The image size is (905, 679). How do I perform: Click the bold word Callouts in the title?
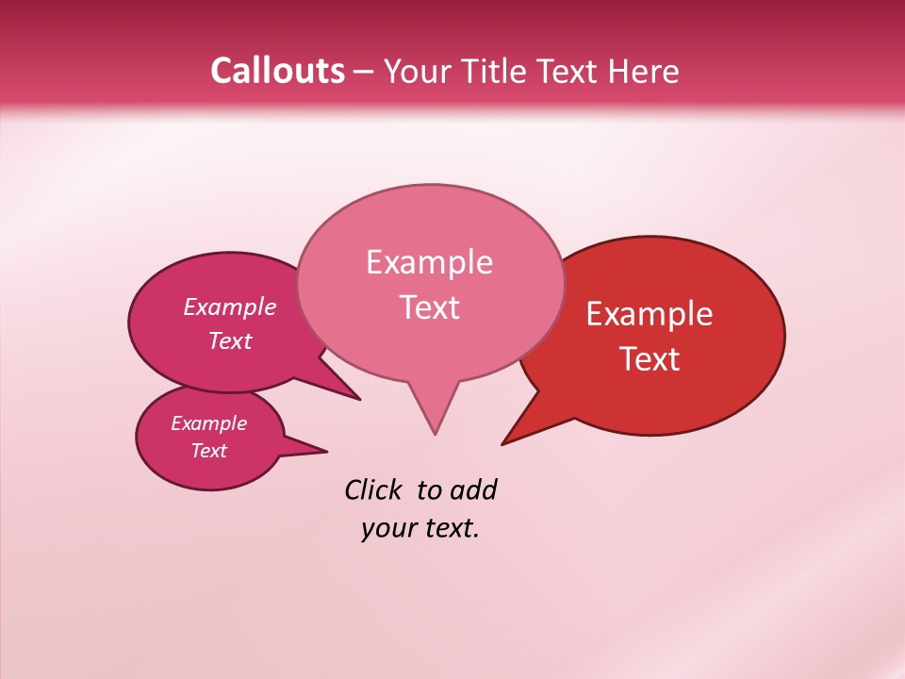[x=277, y=71]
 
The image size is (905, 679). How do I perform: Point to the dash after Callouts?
[x=365, y=72]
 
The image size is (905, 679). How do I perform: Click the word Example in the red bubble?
[x=650, y=314]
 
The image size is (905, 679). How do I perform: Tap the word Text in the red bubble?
[x=650, y=359]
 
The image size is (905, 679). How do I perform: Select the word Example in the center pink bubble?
[x=429, y=262]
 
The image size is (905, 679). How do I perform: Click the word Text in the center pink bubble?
[x=430, y=307]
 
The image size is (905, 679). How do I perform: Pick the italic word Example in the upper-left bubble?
[x=230, y=306]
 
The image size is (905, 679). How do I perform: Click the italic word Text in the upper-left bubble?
[x=230, y=340]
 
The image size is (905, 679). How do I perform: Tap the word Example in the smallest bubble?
[x=208, y=423]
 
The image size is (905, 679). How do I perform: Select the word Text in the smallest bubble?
[x=208, y=451]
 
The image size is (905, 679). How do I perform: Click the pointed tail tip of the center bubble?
[x=435, y=434]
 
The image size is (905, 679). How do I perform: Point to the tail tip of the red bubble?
[x=502, y=443]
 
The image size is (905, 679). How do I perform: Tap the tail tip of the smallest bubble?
[x=326, y=451]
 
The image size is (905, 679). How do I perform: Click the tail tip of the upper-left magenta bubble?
[x=359, y=399]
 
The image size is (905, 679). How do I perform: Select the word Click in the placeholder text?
[x=374, y=489]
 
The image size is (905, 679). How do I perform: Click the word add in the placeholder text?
[x=473, y=489]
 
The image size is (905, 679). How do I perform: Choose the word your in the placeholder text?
[x=387, y=528]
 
